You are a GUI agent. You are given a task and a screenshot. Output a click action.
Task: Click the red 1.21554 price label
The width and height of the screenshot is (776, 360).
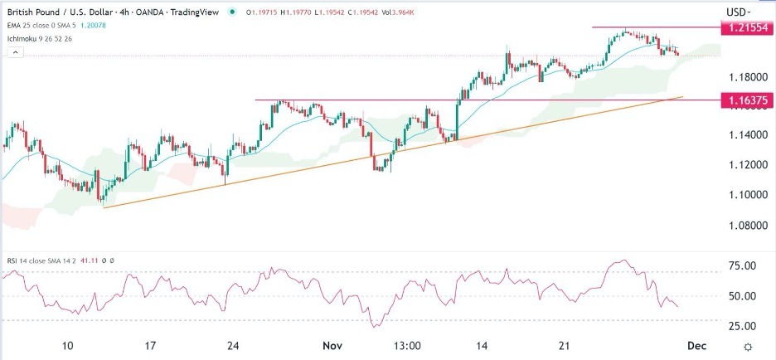pyautogui.click(x=746, y=27)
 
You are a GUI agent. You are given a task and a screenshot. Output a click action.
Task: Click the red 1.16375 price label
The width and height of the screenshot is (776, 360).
pyautogui.click(x=746, y=100)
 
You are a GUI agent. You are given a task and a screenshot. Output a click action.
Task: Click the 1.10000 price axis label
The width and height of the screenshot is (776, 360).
pyautogui.click(x=749, y=195)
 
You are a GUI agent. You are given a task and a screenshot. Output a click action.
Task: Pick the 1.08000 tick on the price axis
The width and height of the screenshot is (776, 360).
pyautogui.click(x=749, y=225)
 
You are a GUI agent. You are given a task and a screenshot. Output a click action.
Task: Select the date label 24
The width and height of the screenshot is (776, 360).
pyautogui.click(x=233, y=345)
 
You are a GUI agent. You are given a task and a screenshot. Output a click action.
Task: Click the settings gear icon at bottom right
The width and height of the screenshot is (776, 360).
pyautogui.click(x=748, y=346)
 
